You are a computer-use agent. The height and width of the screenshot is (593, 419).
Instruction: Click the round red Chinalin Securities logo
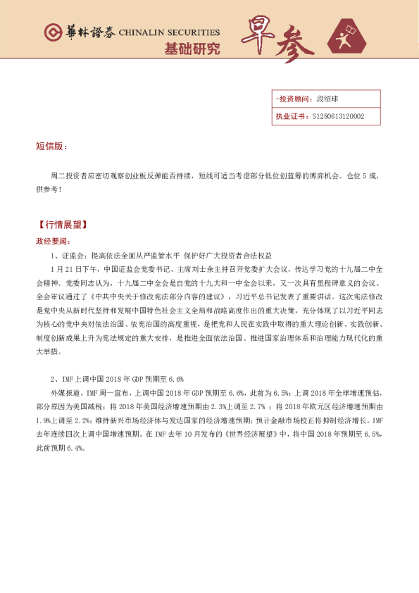53,32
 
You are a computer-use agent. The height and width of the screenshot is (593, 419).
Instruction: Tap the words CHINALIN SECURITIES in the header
169,32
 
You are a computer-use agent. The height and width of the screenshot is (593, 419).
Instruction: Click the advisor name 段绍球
329,99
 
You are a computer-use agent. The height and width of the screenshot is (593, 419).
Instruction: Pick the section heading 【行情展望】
61,225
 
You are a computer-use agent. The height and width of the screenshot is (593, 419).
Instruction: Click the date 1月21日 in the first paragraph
66,269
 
